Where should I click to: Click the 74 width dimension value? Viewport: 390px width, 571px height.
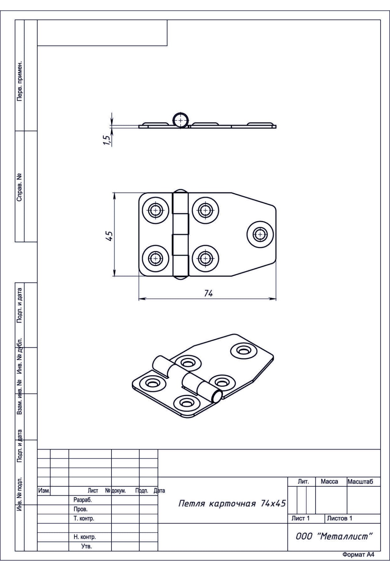click(x=208, y=293)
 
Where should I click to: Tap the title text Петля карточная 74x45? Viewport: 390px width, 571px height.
click(x=232, y=503)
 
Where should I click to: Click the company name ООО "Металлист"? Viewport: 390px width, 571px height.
click(x=333, y=536)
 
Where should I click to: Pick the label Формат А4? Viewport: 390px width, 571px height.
click(x=358, y=555)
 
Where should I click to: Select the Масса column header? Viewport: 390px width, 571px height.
click(x=329, y=481)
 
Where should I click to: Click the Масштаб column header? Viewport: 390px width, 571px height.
click(x=360, y=481)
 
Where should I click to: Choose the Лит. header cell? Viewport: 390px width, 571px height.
click(x=303, y=481)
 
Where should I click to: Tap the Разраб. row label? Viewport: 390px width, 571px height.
click(x=83, y=500)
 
